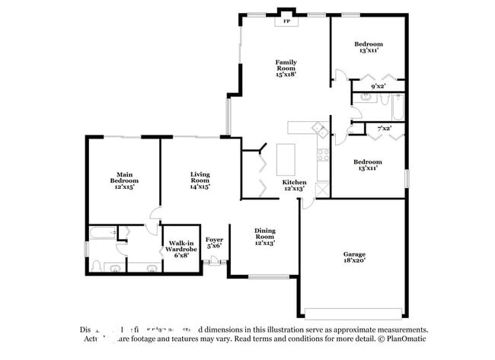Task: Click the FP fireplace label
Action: pos(286,21)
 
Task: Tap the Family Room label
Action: pos(286,68)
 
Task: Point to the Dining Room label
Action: pos(264,238)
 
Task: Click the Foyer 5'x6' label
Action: pos(215,242)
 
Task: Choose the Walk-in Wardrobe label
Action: pos(183,249)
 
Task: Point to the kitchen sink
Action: pos(322,132)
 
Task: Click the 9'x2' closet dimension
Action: pos(377,87)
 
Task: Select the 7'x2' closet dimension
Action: pos(383,129)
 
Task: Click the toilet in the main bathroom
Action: pos(97,266)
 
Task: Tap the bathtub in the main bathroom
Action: pos(102,233)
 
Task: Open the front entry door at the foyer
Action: pos(215,263)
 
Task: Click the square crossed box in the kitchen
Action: pos(322,186)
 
